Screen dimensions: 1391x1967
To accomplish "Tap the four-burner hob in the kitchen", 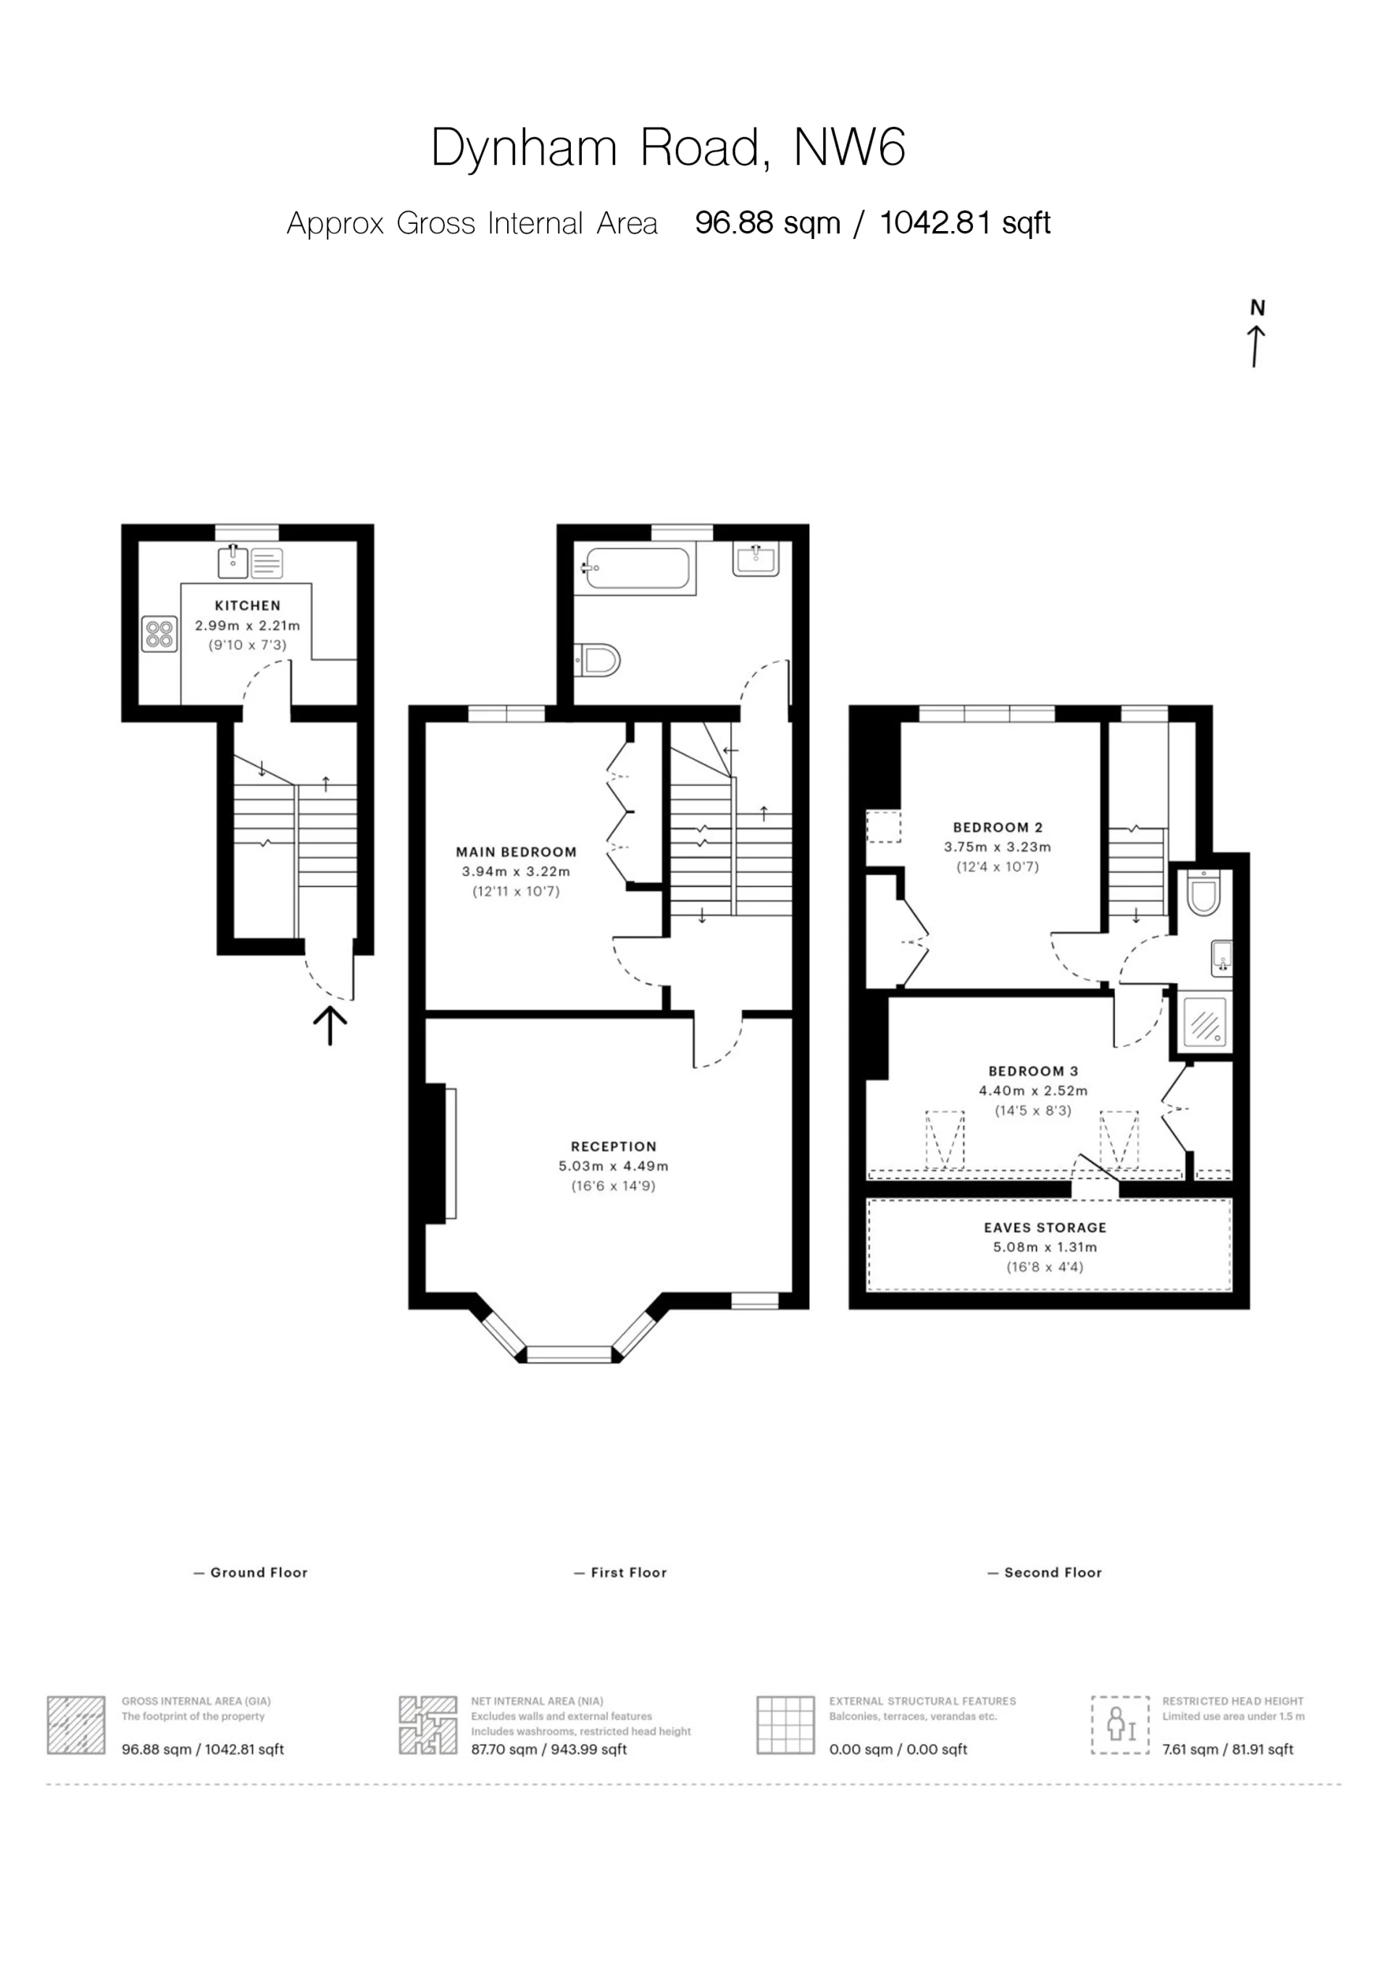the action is [x=160, y=634].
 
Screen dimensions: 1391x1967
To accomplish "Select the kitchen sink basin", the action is [x=233, y=563].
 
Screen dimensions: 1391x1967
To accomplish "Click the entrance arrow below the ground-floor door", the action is [x=330, y=1025].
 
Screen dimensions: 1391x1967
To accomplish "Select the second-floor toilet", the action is [x=1203, y=893].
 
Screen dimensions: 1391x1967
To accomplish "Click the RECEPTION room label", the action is [x=614, y=1146].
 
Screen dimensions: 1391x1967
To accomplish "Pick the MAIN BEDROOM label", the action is [x=516, y=851].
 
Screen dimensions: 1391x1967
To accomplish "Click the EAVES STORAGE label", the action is [x=1045, y=1228].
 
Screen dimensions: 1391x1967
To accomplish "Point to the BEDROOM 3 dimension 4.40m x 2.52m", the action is [x=1033, y=1090].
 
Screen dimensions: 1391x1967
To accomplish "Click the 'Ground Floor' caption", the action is [x=259, y=1572].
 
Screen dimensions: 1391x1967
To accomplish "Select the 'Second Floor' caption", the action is [x=1053, y=1572].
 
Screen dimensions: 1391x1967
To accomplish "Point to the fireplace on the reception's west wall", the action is [x=441, y=1153].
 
